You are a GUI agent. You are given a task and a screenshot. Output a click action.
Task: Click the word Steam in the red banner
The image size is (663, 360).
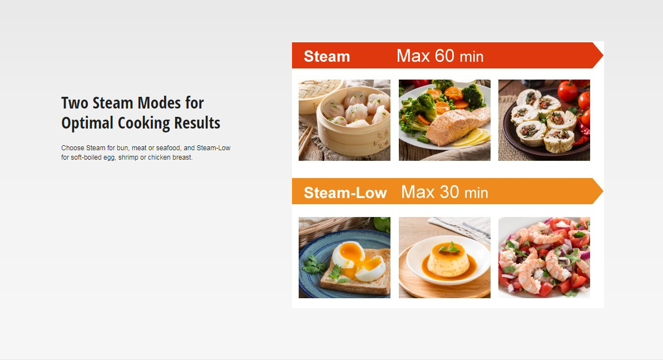[327, 56]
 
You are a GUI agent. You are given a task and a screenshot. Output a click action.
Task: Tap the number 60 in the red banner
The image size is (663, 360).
[444, 56]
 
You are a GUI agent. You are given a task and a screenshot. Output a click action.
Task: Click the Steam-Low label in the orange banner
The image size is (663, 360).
[345, 193]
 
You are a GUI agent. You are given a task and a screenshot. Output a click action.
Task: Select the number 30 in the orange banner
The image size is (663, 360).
[449, 192]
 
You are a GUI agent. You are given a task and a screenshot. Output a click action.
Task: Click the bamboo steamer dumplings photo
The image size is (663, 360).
[345, 120]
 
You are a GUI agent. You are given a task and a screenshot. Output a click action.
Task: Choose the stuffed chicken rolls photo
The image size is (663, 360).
[544, 120]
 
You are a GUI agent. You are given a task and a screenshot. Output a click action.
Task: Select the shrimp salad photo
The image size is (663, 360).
[544, 258]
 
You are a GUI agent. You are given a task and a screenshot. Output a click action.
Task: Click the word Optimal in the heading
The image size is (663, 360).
[87, 123]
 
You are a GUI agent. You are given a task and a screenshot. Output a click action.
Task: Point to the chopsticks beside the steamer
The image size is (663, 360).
[306, 140]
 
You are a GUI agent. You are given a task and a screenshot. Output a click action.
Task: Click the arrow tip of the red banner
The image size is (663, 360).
[603, 56]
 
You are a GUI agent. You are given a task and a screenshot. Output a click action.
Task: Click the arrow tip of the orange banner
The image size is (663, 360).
[603, 191]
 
